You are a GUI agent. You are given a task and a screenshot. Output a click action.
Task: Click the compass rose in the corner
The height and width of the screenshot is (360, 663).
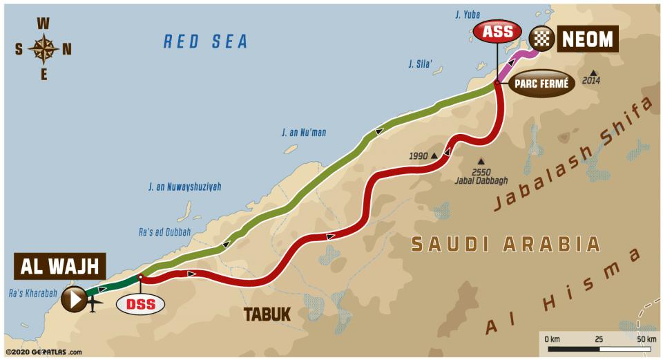[x=43, y=48]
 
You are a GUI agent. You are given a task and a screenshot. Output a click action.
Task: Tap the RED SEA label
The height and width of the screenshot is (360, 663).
[x=205, y=41]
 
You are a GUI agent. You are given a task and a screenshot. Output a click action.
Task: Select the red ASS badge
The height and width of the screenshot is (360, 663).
[x=497, y=32]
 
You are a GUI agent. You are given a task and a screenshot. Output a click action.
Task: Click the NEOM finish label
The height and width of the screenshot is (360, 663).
[x=587, y=39]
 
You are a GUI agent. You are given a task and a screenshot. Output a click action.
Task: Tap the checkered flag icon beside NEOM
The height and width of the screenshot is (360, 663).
[x=541, y=39]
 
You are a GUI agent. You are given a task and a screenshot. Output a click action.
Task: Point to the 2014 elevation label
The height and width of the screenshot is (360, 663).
[x=590, y=81]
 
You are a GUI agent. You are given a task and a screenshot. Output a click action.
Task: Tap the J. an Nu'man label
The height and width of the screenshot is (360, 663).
[x=304, y=132]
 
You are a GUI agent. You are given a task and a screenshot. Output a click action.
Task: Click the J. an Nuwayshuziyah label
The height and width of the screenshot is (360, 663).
[x=184, y=187]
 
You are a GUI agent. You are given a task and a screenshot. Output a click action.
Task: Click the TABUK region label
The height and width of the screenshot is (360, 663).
[x=267, y=314]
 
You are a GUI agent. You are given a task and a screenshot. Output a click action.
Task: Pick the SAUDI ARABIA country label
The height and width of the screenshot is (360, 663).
[x=506, y=244]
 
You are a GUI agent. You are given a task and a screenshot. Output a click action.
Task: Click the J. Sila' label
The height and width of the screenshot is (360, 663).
[x=420, y=64]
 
